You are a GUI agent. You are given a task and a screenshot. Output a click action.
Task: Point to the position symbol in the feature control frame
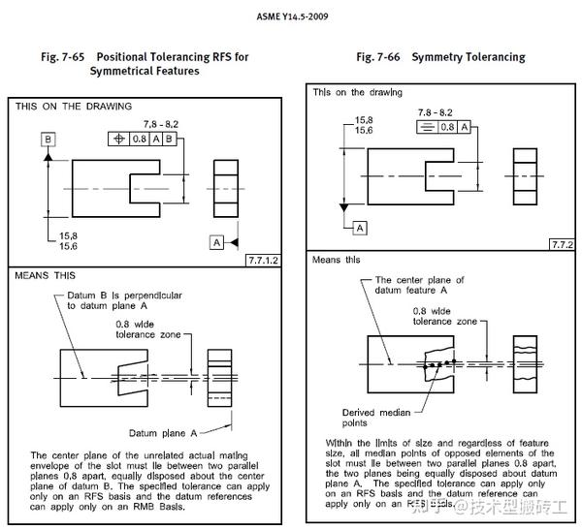(120, 139)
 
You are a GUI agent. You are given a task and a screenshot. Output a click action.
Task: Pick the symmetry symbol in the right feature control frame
(425, 127)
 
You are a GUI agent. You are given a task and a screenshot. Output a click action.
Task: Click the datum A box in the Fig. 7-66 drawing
(359, 227)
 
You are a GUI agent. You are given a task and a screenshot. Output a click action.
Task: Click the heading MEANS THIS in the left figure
(46, 276)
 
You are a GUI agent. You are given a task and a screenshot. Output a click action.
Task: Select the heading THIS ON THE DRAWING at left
(74, 106)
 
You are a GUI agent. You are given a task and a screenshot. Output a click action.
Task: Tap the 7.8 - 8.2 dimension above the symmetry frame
(436, 113)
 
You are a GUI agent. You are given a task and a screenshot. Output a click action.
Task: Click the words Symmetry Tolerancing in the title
(468, 57)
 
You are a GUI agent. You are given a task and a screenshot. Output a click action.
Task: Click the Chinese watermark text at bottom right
(495, 506)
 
